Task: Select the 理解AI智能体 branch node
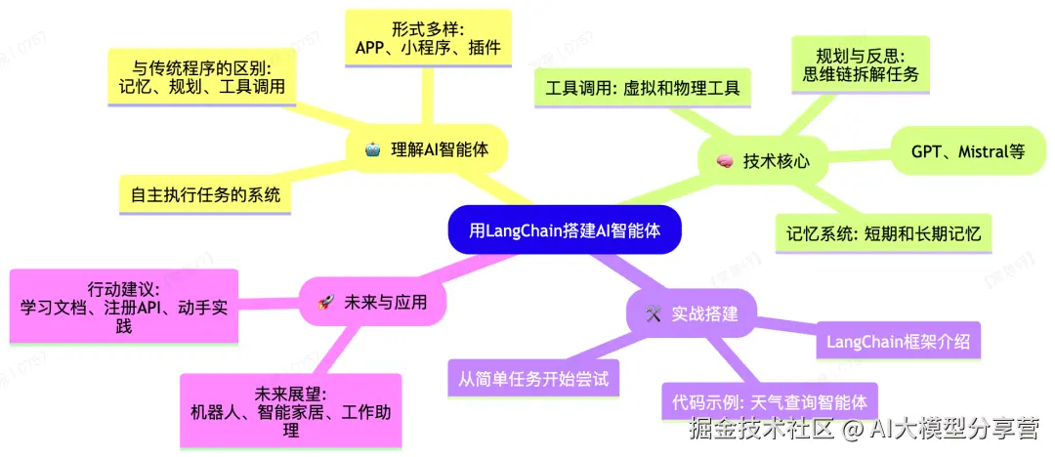click(x=428, y=149)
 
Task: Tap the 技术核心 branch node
click(x=763, y=160)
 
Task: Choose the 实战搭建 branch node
click(x=692, y=313)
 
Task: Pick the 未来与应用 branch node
click(x=373, y=303)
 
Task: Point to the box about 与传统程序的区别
click(x=200, y=77)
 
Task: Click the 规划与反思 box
click(x=860, y=63)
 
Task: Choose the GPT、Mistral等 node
click(x=967, y=151)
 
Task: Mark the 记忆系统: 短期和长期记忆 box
click(x=883, y=233)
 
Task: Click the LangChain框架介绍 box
click(x=898, y=342)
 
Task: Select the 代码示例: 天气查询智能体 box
click(x=768, y=401)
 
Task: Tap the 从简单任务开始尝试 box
click(x=533, y=378)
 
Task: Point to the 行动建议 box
click(x=123, y=308)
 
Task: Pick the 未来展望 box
click(x=290, y=412)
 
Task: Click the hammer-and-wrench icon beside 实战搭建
click(x=653, y=314)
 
